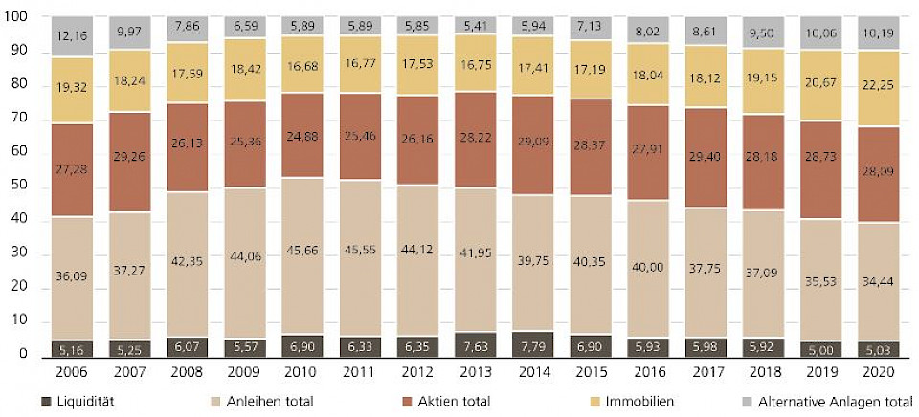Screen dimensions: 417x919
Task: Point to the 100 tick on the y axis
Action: [17, 18]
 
